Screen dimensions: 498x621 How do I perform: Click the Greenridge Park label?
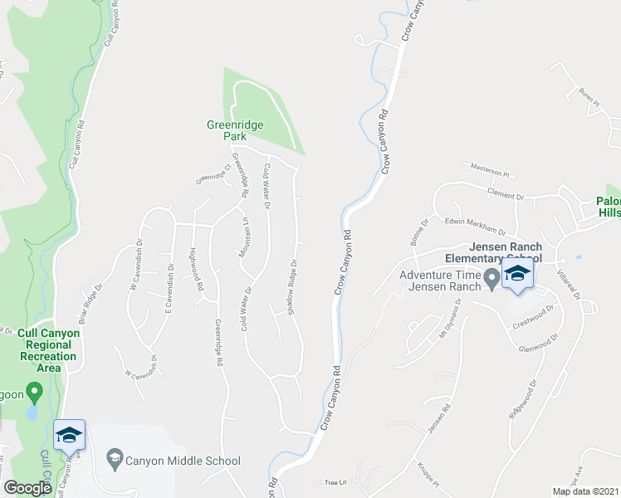coord(235,130)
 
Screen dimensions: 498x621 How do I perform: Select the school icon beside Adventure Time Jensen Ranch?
coord(516,276)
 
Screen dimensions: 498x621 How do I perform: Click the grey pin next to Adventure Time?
coord(491,280)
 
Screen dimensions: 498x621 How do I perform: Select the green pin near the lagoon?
coord(34,390)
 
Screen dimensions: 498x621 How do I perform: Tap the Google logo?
coord(27,488)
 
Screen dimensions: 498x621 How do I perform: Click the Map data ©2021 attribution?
coord(584,491)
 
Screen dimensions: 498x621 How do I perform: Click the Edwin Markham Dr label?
coord(475,225)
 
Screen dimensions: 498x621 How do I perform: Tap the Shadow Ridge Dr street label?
coord(291,287)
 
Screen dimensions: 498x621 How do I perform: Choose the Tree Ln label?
coord(334,482)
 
